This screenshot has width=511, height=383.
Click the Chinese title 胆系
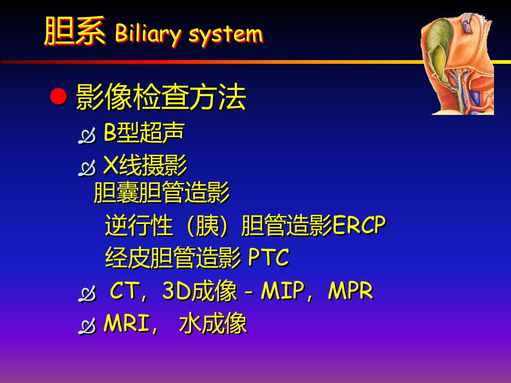75,31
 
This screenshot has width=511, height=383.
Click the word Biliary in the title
148,34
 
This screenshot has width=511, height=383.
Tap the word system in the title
226,35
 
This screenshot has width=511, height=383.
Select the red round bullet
59,97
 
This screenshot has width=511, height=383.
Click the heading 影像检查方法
161,97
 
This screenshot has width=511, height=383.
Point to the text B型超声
144,132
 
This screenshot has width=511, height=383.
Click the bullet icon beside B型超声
87,136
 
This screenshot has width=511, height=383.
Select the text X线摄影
145,165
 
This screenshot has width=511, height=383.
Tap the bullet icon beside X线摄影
87,168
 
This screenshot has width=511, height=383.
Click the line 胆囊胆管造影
162,192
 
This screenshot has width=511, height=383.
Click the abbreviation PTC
268,257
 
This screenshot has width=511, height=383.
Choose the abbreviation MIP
283,290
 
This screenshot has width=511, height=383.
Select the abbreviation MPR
351,290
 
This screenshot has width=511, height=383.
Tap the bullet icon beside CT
87,294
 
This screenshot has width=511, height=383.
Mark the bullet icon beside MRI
87,326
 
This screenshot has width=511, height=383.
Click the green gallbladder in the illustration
438,52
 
